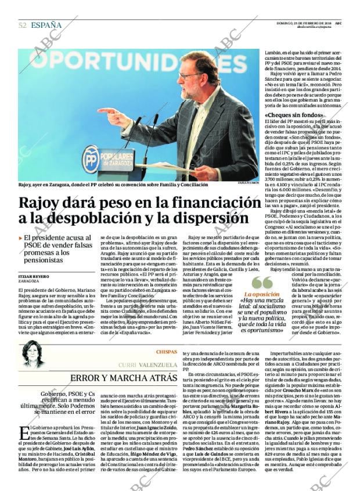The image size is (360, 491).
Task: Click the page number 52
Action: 22,25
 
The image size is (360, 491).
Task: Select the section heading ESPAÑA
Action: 46,25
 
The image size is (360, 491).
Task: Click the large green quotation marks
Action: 262,283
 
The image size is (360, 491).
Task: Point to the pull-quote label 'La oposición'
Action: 265,294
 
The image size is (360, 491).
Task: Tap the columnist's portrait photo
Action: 33,355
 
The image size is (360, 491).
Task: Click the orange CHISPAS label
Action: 165,352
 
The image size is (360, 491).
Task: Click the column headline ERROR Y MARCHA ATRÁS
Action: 124,378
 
